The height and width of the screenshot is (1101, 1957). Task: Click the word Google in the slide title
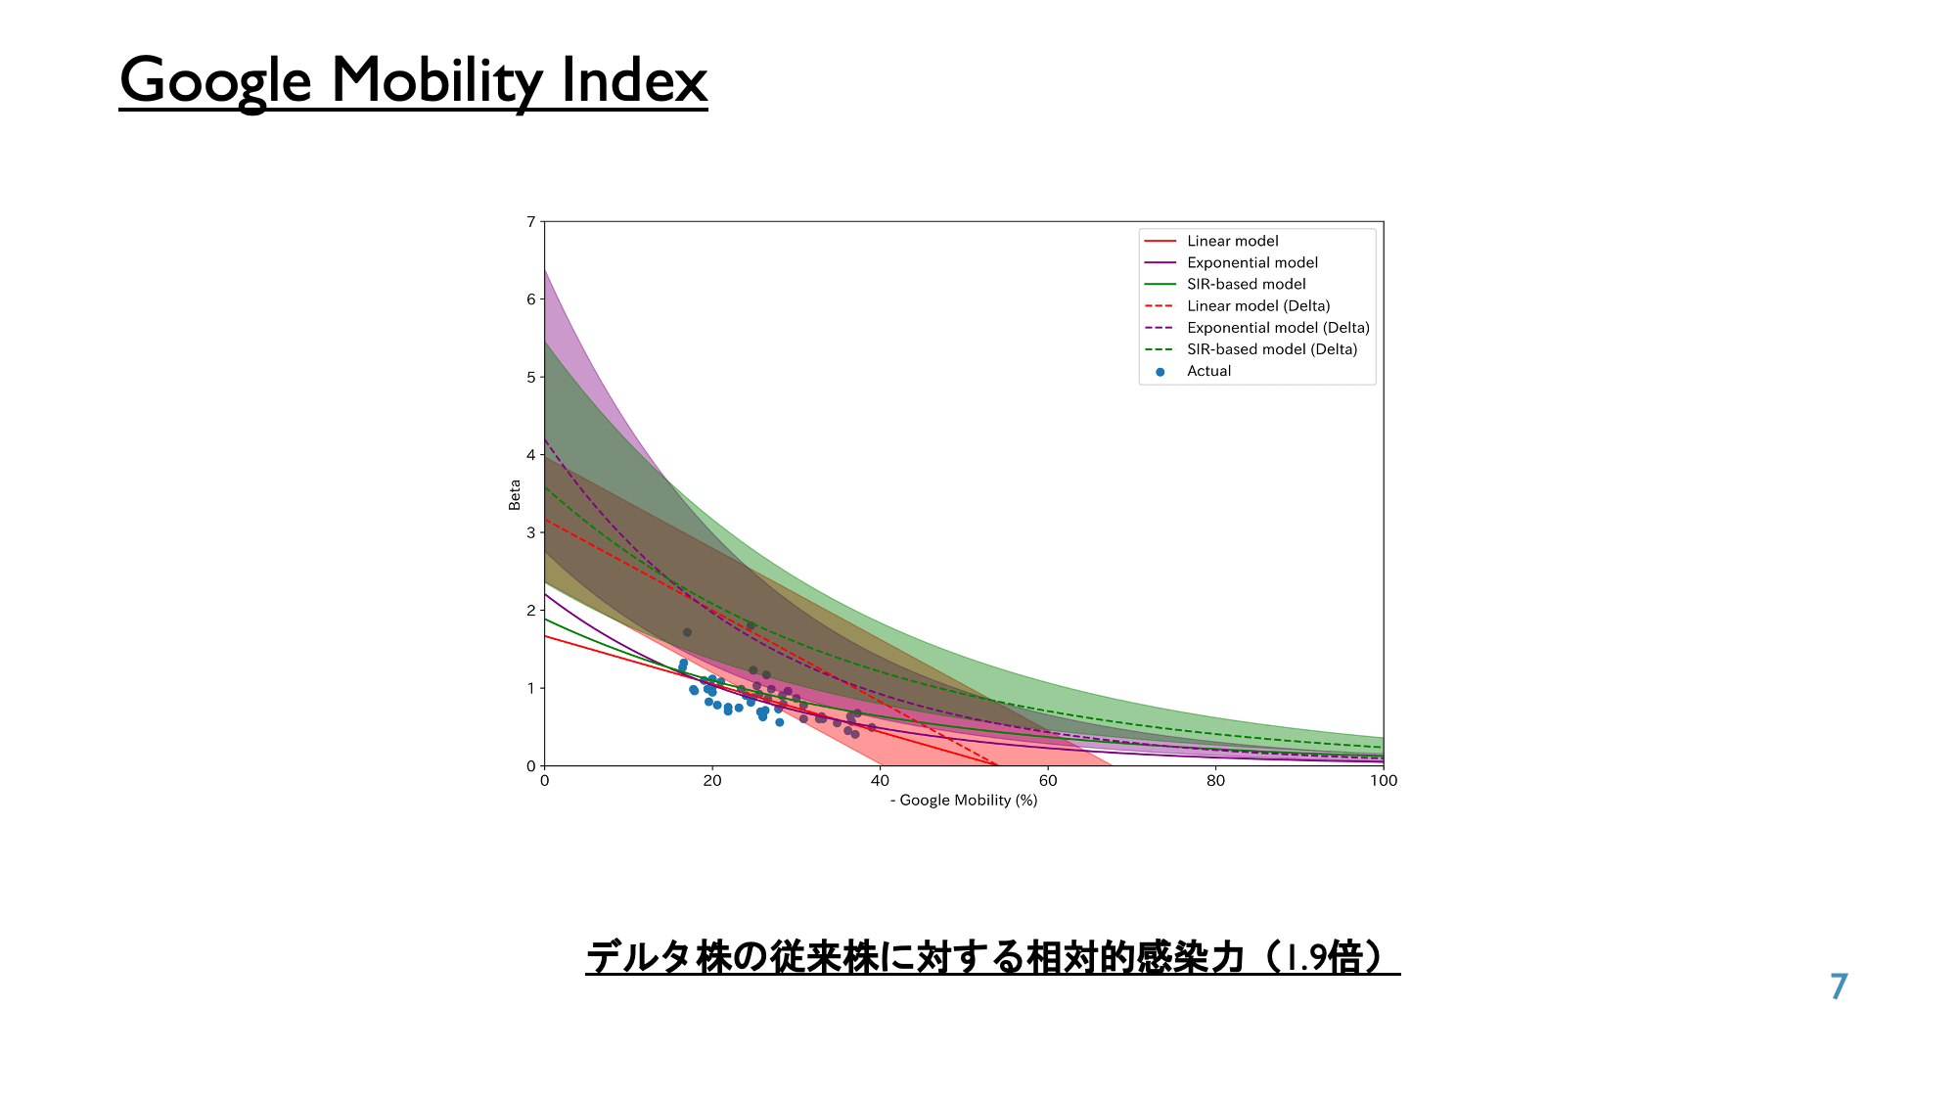[x=215, y=81]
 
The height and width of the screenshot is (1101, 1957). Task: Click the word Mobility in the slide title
[x=436, y=81]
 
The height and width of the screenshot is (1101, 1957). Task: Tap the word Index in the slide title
[x=634, y=79]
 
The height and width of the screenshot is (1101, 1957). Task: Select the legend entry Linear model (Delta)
[x=1258, y=306]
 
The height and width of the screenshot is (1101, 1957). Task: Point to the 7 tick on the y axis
[x=531, y=222]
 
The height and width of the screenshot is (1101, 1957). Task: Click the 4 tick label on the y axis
[x=531, y=455]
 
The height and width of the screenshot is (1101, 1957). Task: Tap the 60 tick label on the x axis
[x=1048, y=781]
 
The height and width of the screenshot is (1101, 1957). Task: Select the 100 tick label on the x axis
[x=1384, y=781]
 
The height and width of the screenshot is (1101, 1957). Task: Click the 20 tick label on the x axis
[x=712, y=781]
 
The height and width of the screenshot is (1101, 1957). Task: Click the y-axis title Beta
[x=515, y=494]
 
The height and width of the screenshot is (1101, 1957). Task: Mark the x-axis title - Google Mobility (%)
[x=964, y=801]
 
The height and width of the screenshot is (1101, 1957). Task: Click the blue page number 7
[x=1840, y=986]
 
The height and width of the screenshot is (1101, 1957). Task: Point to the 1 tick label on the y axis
[x=531, y=688]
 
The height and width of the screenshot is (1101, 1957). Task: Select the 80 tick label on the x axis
[x=1215, y=781]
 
